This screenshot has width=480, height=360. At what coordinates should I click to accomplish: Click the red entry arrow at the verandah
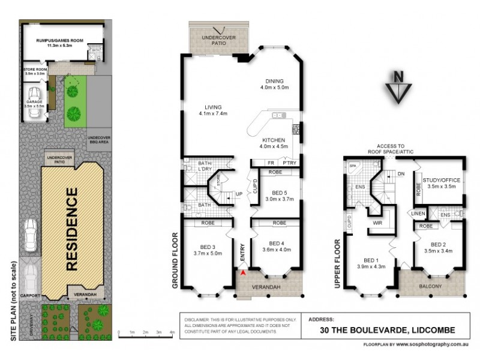[x=242, y=273]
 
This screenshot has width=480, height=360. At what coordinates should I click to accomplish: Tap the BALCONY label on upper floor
[x=430, y=286]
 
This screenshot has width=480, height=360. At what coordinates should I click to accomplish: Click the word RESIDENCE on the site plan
[x=71, y=230]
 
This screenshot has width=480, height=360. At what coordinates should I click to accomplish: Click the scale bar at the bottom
[x=146, y=331]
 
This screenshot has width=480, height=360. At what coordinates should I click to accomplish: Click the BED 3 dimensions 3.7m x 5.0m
[x=208, y=254]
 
